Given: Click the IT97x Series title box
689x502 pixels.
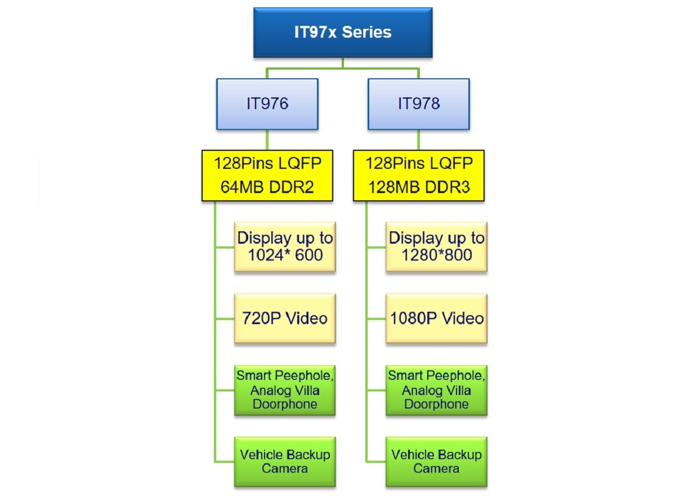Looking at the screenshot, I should tap(343, 32).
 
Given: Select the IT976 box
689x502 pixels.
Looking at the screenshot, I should tap(267, 104).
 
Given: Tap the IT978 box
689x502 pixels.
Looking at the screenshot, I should tap(418, 104).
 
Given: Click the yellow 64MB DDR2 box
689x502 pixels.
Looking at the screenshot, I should tap(267, 175).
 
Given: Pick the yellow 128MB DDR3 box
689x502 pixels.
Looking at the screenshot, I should tap(418, 175).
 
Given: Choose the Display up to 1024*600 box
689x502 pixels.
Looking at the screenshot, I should tap(285, 247).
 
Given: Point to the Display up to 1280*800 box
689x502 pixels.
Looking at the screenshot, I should tap(436, 247).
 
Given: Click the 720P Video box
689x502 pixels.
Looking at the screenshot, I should tap(285, 319).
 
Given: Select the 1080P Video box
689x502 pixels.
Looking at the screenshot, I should tap(436, 319).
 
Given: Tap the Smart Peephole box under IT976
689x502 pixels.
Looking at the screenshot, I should tap(285, 390).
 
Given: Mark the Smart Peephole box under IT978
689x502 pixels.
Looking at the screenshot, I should tap(436, 390).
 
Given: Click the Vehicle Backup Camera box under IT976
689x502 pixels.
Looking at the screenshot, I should tap(285, 461).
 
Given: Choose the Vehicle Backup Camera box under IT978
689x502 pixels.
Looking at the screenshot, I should tap(436, 461).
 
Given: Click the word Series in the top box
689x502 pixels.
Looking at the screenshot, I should tap(366, 32).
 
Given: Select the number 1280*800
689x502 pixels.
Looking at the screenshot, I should tap(436, 256).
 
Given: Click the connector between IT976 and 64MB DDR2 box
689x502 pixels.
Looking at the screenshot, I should tap(267, 140).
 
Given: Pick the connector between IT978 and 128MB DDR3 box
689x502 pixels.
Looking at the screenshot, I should tap(418, 140).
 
